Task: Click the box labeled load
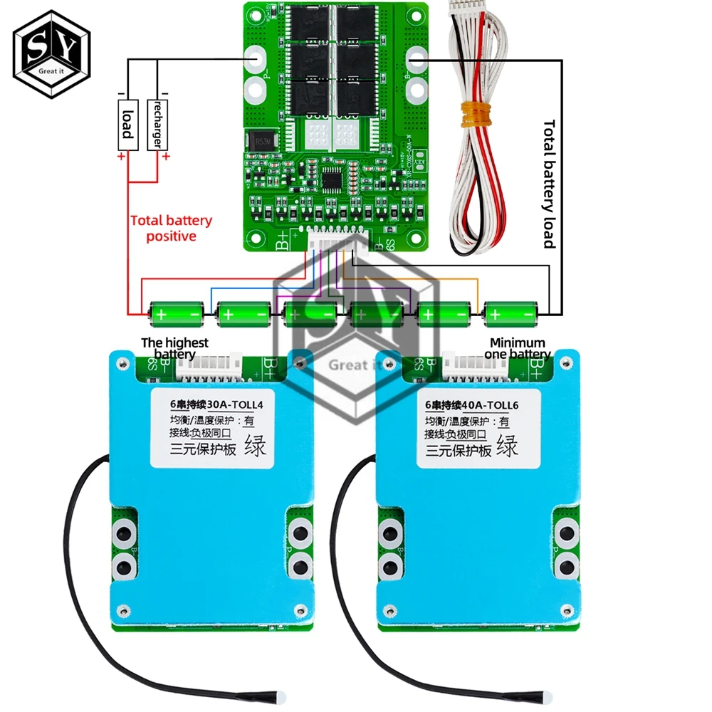127,124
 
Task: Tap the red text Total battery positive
171,228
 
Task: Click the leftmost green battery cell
170,313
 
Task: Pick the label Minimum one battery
518,348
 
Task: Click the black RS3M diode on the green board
257,141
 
